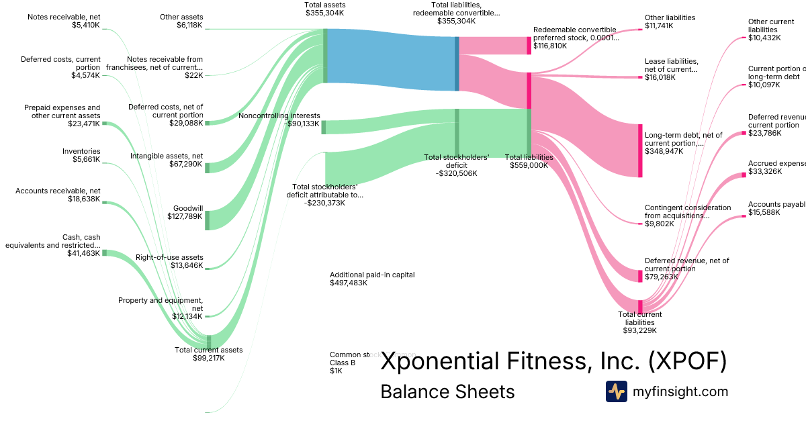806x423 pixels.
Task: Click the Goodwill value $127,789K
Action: pyautogui.click(x=185, y=216)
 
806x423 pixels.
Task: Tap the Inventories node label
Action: pyautogui.click(x=81, y=152)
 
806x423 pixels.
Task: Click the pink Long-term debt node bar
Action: pyautogui.click(x=640, y=150)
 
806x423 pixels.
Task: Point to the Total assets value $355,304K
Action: pyautogui.click(x=324, y=13)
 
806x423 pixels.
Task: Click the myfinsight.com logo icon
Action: pyautogui.click(x=616, y=391)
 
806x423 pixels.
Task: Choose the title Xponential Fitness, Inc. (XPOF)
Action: pyautogui.click(x=553, y=361)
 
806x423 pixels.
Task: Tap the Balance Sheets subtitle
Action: pyautogui.click(x=447, y=391)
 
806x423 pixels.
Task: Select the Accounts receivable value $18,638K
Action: pyautogui.click(x=83, y=199)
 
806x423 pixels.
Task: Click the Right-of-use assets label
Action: pyautogui.click(x=169, y=258)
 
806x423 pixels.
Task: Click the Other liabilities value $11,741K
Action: pyautogui.click(x=660, y=26)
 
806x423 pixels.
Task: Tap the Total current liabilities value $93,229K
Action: pyautogui.click(x=639, y=330)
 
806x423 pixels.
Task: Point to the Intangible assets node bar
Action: pyautogui.click(x=207, y=167)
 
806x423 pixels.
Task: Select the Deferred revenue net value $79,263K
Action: pyautogui.click(x=660, y=276)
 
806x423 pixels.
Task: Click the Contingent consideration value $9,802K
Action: pyautogui.click(x=659, y=224)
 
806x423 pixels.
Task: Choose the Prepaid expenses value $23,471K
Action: pyautogui.click(x=83, y=124)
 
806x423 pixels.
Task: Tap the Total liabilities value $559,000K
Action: pyautogui.click(x=529, y=165)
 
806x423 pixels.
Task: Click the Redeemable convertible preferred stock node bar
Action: pyautogui.click(x=529, y=46)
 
